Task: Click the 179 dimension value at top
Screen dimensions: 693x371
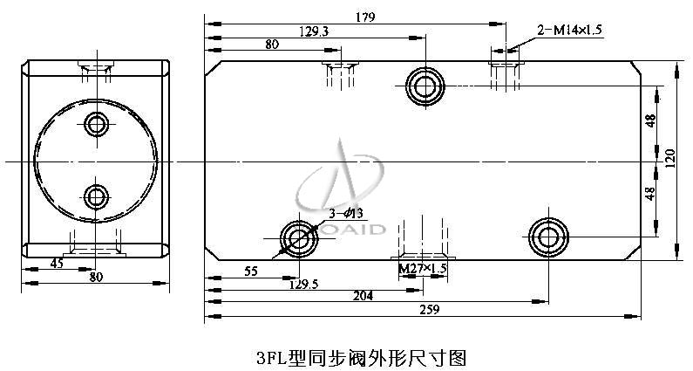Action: (x=365, y=17)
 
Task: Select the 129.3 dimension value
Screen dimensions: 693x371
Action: (x=314, y=31)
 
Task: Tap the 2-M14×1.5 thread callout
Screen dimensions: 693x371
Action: (x=569, y=30)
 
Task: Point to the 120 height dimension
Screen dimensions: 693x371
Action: (x=670, y=158)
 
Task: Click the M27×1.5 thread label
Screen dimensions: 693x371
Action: (x=423, y=268)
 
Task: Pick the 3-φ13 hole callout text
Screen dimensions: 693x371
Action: (x=345, y=213)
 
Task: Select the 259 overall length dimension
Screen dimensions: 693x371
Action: (x=430, y=310)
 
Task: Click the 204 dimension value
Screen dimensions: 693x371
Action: (x=363, y=295)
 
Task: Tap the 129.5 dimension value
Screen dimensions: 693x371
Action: (x=303, y=285)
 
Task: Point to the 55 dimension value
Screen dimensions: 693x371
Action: (x=250, y=271)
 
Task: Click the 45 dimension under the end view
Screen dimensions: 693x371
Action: (x=57, y=264)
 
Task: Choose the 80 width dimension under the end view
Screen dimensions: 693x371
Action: (x=96, y=277)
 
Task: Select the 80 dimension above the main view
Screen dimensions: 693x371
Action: (x=272, y=45)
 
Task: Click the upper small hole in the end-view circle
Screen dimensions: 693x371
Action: (x=97, y=124)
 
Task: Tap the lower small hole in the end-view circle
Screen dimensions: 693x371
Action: (x=96, y=196)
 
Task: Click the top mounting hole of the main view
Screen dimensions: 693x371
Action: (x=425, y=86)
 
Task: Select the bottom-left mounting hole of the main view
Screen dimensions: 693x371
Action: (x=299, y=238)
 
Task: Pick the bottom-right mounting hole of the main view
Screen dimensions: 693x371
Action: (x=548, y=237)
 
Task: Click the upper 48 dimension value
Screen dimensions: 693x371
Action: (x=650, y=120)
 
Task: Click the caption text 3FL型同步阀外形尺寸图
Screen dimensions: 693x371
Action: (x=361, y=358)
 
